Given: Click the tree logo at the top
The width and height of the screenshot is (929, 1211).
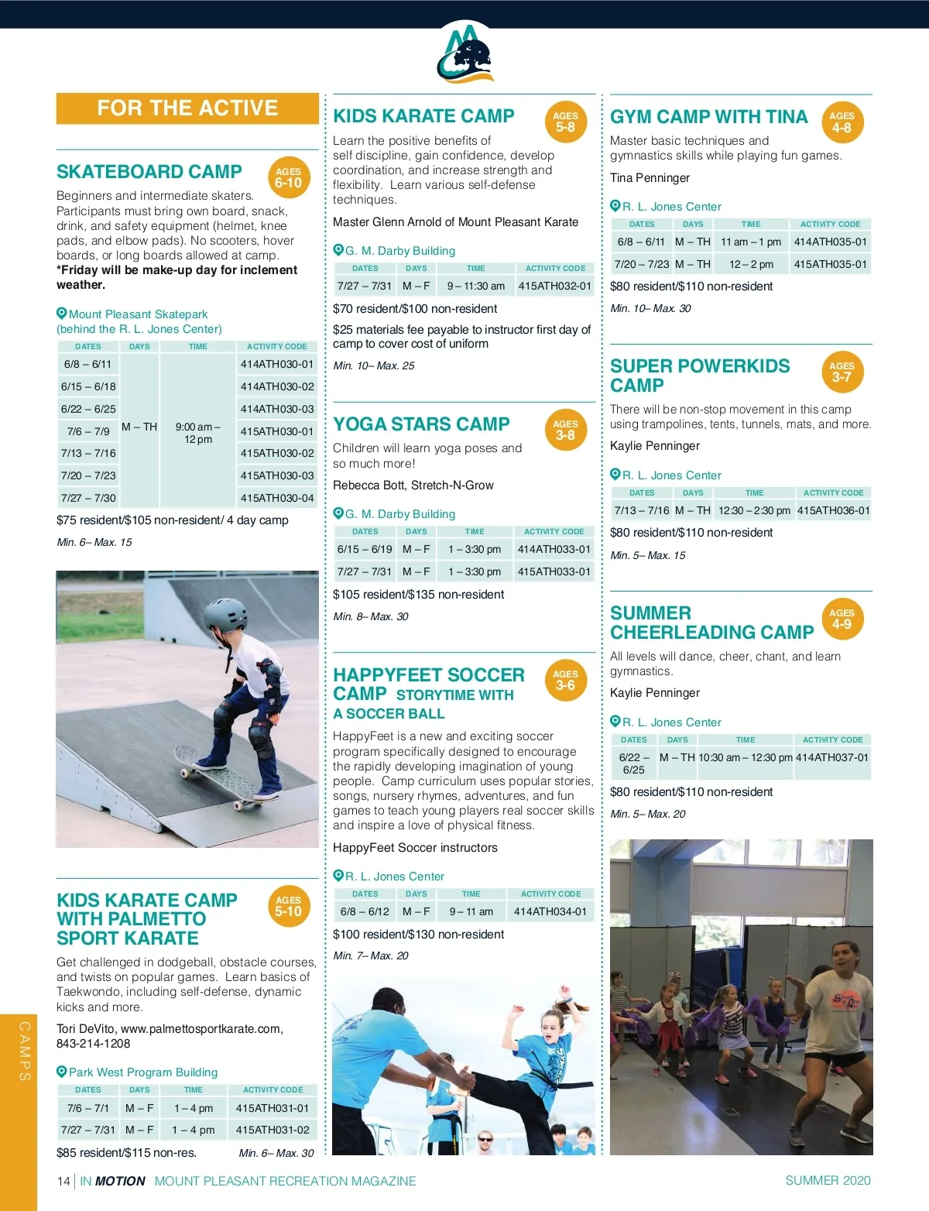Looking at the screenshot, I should pyautogui.click(x=465, y=53).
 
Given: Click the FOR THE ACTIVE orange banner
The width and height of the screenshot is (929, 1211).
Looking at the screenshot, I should pyautogui.click(x=187, y=108).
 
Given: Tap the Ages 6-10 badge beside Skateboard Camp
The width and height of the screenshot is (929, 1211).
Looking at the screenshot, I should pyautogui.click(x=288, y=178).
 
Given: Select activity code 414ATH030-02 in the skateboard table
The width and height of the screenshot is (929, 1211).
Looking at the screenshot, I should pyautogui.click(x=277, y=386).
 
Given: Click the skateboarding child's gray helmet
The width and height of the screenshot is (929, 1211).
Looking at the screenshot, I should pyautogui.click(x=225, y=616).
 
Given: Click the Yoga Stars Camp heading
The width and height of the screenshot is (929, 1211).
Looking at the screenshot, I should pyautogui.click(x=421, y=424).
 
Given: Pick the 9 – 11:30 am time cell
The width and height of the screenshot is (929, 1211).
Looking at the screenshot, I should pyautogui.click(x=475, y=286).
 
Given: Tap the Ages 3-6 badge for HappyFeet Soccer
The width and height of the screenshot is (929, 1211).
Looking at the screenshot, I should pyautogui.click(x=565, y=680).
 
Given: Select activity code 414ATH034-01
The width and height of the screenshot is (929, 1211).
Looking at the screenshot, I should pyautogui.click(x=550, y=911).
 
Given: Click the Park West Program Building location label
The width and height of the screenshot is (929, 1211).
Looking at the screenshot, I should pyautogui.click(x=143, y=1072).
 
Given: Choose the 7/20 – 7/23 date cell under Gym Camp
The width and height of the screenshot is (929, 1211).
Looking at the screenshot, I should pyautogui.click(x=641, y=264).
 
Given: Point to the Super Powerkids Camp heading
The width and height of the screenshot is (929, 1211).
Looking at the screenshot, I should pyautogui.click(x=699, y=376).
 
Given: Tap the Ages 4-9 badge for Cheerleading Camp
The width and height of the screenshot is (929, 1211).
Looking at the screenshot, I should pyautogui.click(x=842, y=619).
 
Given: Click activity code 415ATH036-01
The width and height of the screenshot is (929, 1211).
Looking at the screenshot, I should pyautogui.click(x=833, y=510).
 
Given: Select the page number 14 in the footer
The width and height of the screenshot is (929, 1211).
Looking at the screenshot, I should pyautogui.click(x=63, y=1181).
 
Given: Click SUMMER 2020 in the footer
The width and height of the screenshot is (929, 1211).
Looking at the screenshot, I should pyautogui.click(x=828, y=1180).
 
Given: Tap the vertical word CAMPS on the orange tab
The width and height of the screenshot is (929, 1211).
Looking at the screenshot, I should pyautogui.click(x=25, y=1051).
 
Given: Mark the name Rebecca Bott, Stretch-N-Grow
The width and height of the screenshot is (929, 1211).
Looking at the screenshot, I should pyautogui.click(x=413, y=485).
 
